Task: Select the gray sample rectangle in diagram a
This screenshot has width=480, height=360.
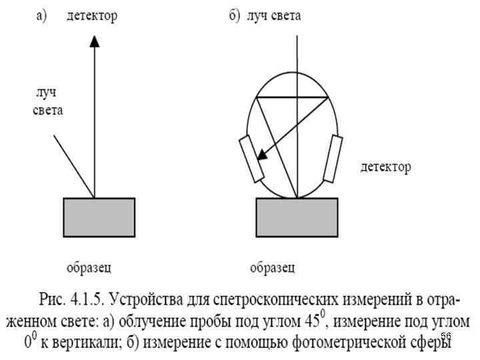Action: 99,217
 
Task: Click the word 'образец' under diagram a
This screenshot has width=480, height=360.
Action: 89,269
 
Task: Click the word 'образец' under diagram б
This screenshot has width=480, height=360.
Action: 273,269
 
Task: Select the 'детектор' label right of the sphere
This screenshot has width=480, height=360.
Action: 385,167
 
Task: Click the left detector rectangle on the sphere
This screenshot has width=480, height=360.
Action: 250,159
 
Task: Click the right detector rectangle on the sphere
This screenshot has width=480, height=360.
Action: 332,159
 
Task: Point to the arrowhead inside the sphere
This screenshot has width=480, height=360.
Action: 262,155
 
